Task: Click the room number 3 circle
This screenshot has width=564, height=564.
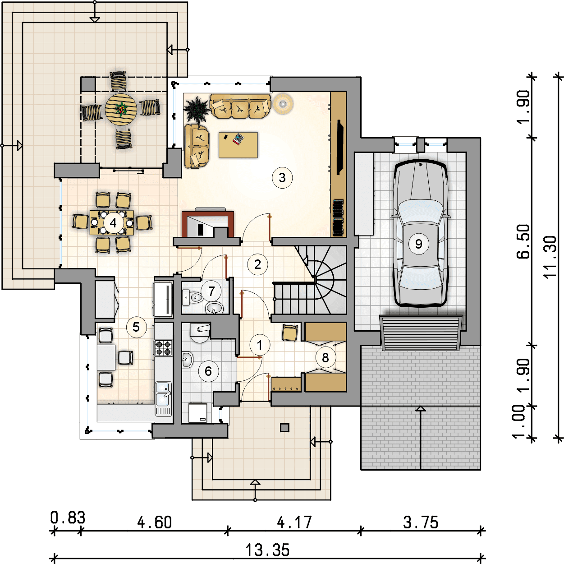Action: (x=282, y=178)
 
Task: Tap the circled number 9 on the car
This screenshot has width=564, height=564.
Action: (x=418, y=244)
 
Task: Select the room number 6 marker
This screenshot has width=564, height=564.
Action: (x=208, y=371)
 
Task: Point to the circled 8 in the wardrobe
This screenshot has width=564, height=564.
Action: (x=326, y=358)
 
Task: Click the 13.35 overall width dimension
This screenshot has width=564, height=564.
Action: (x=267, y=550)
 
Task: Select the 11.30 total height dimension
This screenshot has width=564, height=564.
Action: (x=550, y=257)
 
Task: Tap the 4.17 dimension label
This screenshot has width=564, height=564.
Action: (x=294, y=522)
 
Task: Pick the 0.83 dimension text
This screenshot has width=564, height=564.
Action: (x=68, y=518)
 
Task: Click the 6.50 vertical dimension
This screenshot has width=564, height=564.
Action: (x=523, y=241)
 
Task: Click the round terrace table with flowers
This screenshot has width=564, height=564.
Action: (x=121, y=109)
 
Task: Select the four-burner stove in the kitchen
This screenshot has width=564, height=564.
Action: (x=163, y=348)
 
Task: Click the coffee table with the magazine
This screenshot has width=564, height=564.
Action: (x=238, y=145)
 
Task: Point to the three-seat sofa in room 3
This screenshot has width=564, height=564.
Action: (x=240, y=106)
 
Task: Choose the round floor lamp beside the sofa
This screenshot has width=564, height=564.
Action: (x=283, y=103)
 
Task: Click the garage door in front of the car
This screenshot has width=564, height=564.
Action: (x=421, y=333)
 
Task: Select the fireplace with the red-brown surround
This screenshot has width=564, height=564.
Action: (x=208, y=224)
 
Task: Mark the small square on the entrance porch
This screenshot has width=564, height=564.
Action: (x=284, y=427)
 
